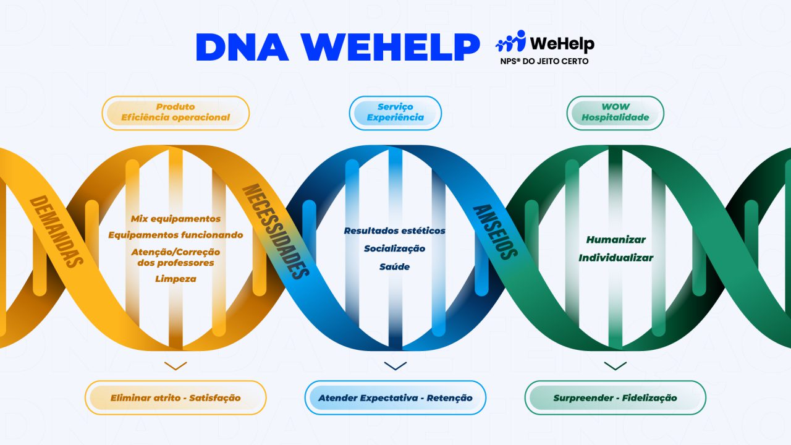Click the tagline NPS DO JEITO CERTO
[x=544, y=62]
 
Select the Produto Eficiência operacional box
[x=176, y=112]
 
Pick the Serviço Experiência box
[x=395, y=112]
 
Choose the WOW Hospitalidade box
[x=615, y=112]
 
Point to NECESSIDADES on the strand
[x=275, y=231]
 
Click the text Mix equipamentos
[x=176, y=219]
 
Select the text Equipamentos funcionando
[x=176, y=235]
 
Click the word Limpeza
[x=176, y=279]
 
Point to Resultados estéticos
[x=395, y=231]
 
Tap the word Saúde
[x=395, y=266]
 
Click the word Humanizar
[x=615, y=240]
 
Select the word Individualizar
[x=615, y=258]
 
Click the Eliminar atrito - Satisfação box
[x=176, y=397]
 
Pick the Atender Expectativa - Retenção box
[x=395, y=397]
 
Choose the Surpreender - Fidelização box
[x=615, y=397]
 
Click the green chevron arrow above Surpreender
[x=615, y=366]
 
